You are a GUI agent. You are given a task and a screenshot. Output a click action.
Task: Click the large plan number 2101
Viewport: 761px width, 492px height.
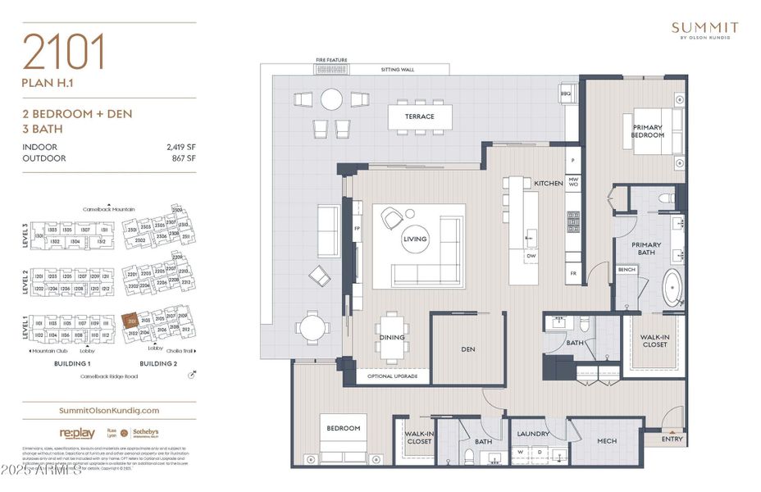(x=65, y=52)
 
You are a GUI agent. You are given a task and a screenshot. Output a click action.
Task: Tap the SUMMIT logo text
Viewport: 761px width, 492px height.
(x=704, y=28)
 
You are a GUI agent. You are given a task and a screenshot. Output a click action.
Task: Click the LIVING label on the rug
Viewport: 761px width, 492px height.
(x=414, y=239)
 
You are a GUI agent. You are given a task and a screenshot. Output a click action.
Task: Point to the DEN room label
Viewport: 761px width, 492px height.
(x=468, y=349)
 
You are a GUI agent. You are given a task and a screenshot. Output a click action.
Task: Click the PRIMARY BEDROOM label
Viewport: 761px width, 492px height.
(x=647, y=131)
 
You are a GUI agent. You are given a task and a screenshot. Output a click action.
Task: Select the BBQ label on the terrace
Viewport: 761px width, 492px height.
(x=565, y=94)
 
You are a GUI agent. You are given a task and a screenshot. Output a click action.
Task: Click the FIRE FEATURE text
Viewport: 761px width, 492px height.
(x=332, y=60)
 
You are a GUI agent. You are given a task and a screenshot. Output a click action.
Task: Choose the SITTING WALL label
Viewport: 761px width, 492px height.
(x=398, y=70)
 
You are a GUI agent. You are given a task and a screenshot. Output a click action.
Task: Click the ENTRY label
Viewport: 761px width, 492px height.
(x=672, y=440)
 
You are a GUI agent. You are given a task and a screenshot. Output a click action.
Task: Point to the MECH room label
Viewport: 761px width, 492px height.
(x=607, y=441)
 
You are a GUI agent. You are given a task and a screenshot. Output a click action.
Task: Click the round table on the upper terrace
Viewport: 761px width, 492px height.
(x=331, y=99)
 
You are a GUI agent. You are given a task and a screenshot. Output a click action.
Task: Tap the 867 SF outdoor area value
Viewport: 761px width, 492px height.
(x=185, y=158)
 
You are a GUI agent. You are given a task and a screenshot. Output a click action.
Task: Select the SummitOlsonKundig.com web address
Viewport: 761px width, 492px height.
(x=110, y=410)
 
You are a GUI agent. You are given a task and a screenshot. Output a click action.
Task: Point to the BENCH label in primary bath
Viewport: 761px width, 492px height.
(x=627, y=270)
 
